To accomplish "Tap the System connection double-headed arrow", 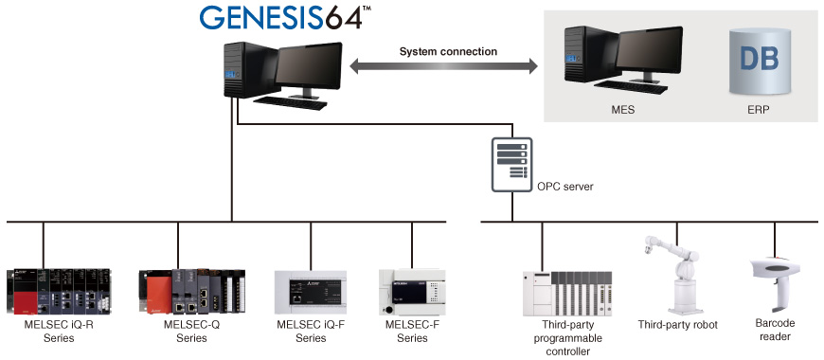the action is (x=444, y=66).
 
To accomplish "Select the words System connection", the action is (x=448, y=51).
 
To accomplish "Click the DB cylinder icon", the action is (x=760, y=61).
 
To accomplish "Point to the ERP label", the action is (x=759, y=110).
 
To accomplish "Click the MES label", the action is (x=622, y=110).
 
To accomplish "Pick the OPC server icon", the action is (x=511, y=165).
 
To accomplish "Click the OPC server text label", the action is (x=564, y=187).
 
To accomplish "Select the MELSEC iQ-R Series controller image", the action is (x=59, y=291).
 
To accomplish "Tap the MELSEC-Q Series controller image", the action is (x=192, y=291).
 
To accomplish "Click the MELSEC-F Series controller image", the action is (x=412, y=292).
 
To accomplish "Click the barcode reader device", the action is (x=774, y=284).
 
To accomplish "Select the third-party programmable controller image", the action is (x=567, y=294).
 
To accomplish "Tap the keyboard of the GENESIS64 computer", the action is (x=290, y=102).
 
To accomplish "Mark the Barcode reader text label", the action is (x=775, y=330).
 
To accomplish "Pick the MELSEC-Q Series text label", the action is (x=192, y=331).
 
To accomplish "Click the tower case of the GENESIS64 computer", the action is (x=247, y=70).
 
